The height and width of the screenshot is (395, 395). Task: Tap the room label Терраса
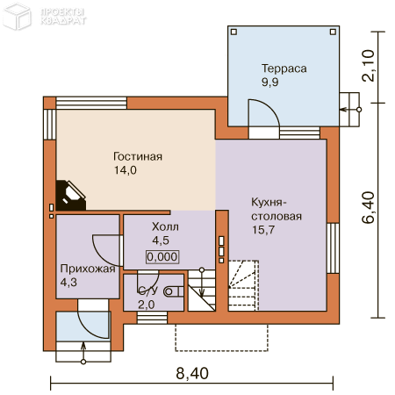pos(283,68)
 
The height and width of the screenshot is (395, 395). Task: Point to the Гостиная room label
pos(138,157)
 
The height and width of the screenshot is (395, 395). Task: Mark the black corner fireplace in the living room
pos(70,195)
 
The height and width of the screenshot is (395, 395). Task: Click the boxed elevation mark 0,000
pos(162,257)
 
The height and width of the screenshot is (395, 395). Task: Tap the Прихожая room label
pos(88,269)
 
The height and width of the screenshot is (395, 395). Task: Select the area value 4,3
pos(69,284)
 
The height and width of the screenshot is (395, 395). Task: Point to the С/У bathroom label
pos(147,291)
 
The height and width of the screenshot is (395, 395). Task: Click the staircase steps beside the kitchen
pos(243,285)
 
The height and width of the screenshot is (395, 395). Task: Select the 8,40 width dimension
pos(192,373)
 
